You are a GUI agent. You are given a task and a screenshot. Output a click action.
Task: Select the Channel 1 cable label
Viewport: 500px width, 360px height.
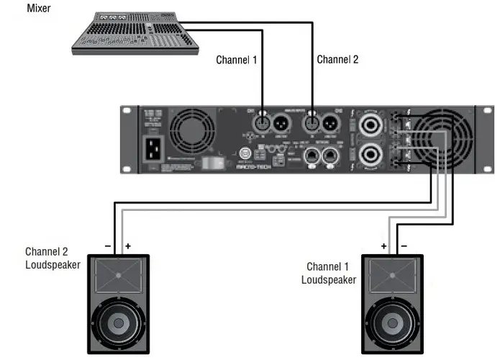236,60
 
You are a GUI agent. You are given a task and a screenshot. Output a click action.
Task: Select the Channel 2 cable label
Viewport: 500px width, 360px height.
337,60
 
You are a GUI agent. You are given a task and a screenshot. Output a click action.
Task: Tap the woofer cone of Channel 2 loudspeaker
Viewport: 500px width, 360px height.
119,323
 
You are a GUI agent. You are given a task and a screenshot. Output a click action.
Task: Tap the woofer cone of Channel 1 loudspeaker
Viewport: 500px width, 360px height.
394,323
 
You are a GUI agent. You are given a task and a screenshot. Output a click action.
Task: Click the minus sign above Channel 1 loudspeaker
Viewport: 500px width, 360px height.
404,246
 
